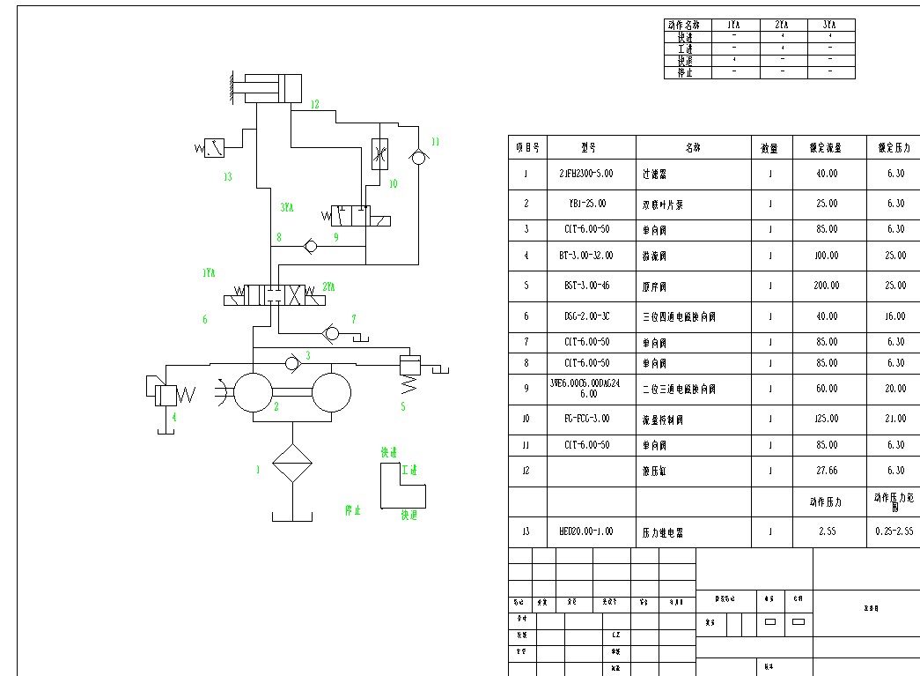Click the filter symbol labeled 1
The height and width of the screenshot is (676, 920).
pyautogui.click(x=292, y=461)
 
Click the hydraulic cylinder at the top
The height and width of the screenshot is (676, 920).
pyautogui.click(x=268, y=89)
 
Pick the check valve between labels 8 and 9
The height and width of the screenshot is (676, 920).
pyautogui.click(x=310, y=246)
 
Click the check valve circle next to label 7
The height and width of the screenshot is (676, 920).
pyautogui.click(x=331, y=333)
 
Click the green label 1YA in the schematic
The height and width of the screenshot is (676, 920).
pyautogui.click(x=209, y=273)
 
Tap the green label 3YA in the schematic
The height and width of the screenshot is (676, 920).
pyautogui.click(x=286, y=208)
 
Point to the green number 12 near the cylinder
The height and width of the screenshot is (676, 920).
pyautogui.click(x=314, y=104)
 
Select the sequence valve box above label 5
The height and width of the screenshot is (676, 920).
pyautogui.click(x=410, y=364)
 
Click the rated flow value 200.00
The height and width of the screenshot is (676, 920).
pyautogui.click(x=827, y=286)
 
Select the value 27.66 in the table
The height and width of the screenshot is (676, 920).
pyautogui.click(x=827, y=471)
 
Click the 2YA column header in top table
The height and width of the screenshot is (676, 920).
pyautogui.click(x=782, y=25)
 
